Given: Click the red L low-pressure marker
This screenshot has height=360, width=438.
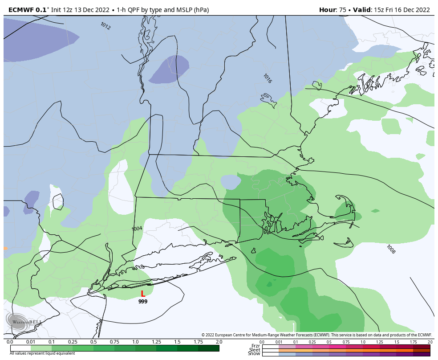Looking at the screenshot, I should pos(143,294).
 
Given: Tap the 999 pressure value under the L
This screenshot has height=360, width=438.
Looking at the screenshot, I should pos(143,302).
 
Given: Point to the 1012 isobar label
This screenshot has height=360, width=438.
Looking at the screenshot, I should pos(105,26).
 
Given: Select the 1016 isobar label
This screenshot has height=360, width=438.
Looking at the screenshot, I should pos(267,78).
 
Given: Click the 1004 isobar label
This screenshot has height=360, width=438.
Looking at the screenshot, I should pos(137,229).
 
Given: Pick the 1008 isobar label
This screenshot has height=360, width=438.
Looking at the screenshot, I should pos(390,249).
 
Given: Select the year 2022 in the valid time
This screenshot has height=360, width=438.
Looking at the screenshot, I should pos(421,10).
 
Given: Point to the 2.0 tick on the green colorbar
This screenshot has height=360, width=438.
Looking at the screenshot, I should pos(219,342).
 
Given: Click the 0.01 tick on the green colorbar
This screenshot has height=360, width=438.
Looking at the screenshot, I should pos(31,342).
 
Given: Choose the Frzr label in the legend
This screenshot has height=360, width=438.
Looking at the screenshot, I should pos(255,346).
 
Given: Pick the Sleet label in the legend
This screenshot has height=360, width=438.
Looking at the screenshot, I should pos(255,350).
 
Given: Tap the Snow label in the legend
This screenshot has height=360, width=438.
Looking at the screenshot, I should pos(254,354).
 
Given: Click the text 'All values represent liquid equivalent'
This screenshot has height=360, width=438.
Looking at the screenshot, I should pos(42,353).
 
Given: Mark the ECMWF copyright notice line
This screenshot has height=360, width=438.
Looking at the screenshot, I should pos(316,335).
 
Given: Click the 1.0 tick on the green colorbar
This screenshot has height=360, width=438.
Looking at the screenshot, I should pos(135,342).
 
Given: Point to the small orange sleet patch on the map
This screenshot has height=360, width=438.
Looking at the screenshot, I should pos(5,248).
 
